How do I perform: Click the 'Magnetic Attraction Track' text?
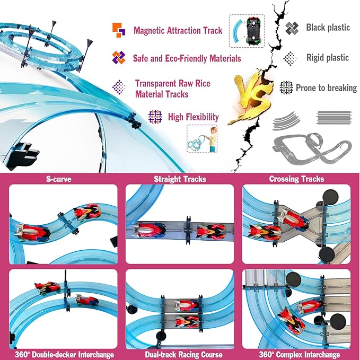(x=178, y=31)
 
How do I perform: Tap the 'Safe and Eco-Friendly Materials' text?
(x=187, y=58)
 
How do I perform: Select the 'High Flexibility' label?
(x=193, y=117)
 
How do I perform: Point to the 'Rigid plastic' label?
(x=328, y=57)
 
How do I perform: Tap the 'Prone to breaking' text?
(x=326, y=88)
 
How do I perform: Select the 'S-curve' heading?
(x=58, y=179)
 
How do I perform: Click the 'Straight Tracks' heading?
(x=180, y=179)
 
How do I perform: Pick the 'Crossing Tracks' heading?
(x=296, y=179)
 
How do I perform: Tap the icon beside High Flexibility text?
(x=155, y=117)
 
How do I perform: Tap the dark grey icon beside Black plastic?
(x=291, y=28)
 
